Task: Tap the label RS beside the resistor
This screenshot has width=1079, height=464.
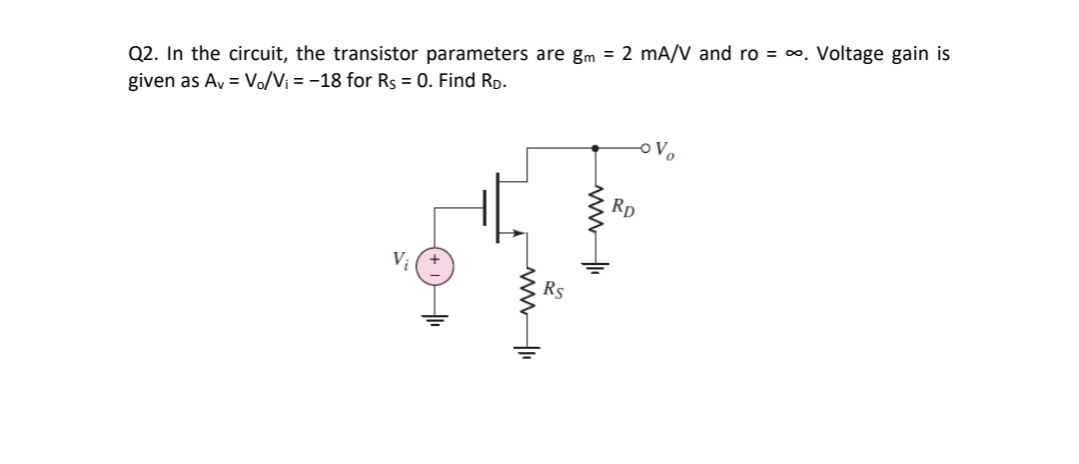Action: pos(556,292)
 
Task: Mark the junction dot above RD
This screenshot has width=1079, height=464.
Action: pos(597,150)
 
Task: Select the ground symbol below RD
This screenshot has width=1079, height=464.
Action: pos(597,267)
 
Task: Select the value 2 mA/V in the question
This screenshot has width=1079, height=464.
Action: pos(656,55)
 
